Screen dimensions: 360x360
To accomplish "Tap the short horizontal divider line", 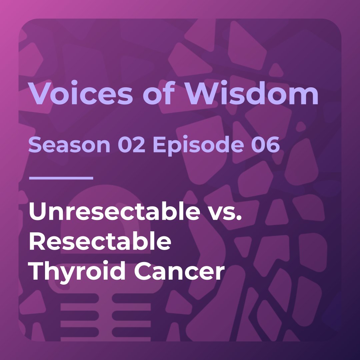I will [x=61, y=178].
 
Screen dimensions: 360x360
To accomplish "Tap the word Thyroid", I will [x=78, y=272].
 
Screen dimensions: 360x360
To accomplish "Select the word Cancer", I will [x=179, y=272].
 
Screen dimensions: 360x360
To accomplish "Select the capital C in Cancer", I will [x=144, y=271].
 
